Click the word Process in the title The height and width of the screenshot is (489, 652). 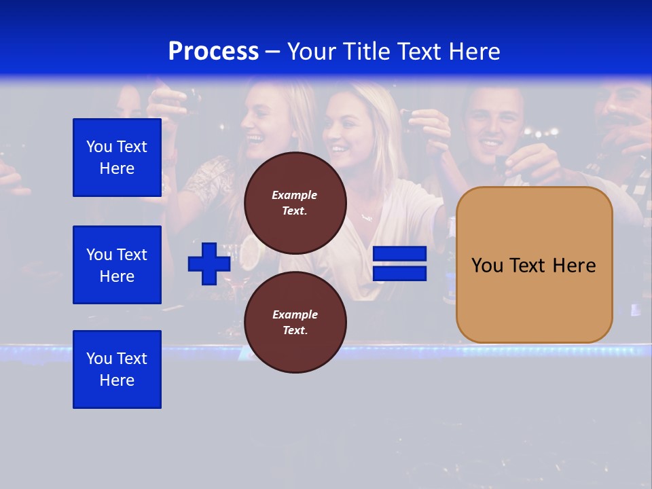[213, 52]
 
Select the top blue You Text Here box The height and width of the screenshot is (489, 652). [117, 158]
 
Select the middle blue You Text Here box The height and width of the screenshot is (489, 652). [117, 265]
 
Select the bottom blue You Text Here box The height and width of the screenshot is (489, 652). [117, 369]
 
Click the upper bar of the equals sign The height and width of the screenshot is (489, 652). [399, 254]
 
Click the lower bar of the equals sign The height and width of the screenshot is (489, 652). [399, 274]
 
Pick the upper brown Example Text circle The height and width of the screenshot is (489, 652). [295, 203]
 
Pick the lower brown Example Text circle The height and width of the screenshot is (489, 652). [295, 323]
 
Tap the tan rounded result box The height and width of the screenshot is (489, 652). [534, 299]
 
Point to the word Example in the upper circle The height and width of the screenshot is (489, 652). [295, 196]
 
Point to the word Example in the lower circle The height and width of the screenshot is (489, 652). [295, 315]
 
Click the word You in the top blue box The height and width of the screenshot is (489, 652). [99, 147]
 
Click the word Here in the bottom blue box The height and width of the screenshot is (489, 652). [117, 380]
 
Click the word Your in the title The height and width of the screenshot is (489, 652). [312, 52]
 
